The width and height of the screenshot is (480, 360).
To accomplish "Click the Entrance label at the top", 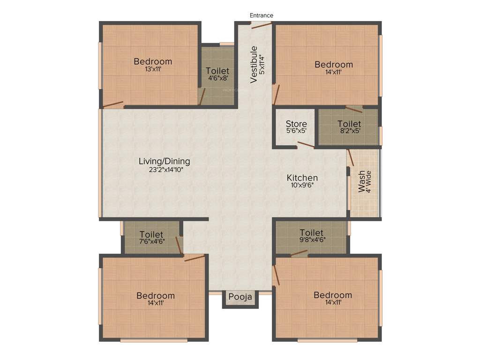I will (x=261, y=15).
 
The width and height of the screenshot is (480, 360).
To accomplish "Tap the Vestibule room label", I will (x=254, y=64).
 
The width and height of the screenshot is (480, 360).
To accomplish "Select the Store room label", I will (x=296, y=124).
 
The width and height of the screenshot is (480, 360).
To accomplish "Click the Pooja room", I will (x=240, y=297).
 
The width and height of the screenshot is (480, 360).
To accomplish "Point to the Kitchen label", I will (x=302, y=178).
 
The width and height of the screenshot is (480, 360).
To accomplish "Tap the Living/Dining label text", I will (x=164, y=161).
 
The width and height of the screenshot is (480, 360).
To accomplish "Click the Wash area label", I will (x=361, y=181).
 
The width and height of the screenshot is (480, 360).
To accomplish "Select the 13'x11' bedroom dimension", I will (x=153, y=69).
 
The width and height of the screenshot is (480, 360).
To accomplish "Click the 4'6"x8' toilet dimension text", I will (x=218, y=78).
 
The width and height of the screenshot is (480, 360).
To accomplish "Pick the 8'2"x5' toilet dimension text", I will (x=350, y=131).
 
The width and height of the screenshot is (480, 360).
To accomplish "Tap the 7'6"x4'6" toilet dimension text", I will (x=151, y=242).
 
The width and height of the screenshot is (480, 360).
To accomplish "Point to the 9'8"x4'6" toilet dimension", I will (x=312, y=240).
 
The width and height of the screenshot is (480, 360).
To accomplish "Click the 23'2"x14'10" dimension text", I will (x=164, y=169).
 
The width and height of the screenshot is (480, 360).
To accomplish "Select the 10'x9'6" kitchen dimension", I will (x=302, y=185).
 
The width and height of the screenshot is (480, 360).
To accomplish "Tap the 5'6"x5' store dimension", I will (x=296, y=131).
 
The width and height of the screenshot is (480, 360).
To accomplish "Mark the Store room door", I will (x=306, y=145).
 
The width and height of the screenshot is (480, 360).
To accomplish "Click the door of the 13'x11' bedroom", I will (x=113, y=105).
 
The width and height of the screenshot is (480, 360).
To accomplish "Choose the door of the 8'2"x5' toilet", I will (x=354, y=109).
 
